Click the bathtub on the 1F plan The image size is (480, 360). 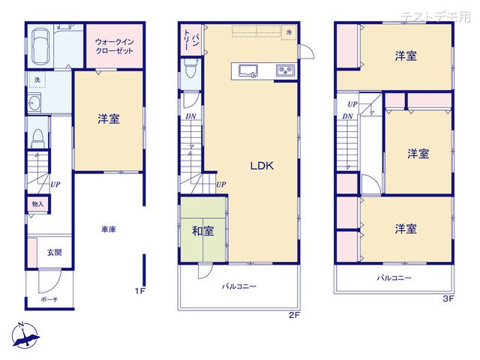click(40, 46)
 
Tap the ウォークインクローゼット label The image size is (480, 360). click(115, 46)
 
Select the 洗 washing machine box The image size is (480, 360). click(37, 80)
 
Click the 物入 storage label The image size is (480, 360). click(38, 204)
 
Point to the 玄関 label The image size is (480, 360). click(55, 252)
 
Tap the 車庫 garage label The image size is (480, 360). click(109, 229)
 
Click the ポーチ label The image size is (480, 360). click(49, 299)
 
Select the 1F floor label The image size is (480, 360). click(140, 291)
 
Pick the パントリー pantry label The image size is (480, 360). click(191, 40)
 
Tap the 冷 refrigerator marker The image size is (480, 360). click(289, 32)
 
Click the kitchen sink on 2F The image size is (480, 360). click(248, 71)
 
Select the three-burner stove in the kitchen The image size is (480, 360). click(286, 70)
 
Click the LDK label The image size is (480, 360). click(262, 166)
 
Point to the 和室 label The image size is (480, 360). click(203, 231)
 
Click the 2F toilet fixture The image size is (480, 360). click(191, 68)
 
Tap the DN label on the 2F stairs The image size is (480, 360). click(190, 116)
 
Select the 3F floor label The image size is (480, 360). click(448, 298)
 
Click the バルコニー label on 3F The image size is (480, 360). click(394, 278)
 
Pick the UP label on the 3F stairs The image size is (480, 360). click(352, 104)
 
